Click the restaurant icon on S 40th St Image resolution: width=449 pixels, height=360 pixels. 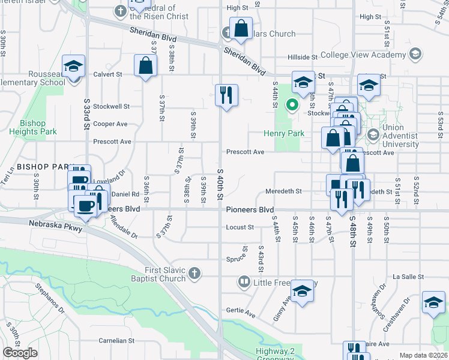[x=227, y=95]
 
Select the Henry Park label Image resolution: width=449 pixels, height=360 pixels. [x=284, y=133]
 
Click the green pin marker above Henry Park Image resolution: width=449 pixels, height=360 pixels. [x=292, y=104]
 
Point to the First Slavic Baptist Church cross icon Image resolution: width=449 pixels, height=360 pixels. [x=193, y=274]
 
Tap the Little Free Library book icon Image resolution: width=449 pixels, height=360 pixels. [x=244, y=281]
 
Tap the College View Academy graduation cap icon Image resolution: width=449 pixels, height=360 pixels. [x=414, y=55]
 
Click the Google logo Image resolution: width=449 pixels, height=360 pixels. [x=20, y=353]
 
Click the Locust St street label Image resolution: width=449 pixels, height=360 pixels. [x=241, y=227]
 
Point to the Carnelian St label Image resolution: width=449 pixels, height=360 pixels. [x=114, y=340]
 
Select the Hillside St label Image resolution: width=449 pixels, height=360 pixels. [x=302, y=57]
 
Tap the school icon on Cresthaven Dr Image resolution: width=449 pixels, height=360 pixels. [x=433, y=304]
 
